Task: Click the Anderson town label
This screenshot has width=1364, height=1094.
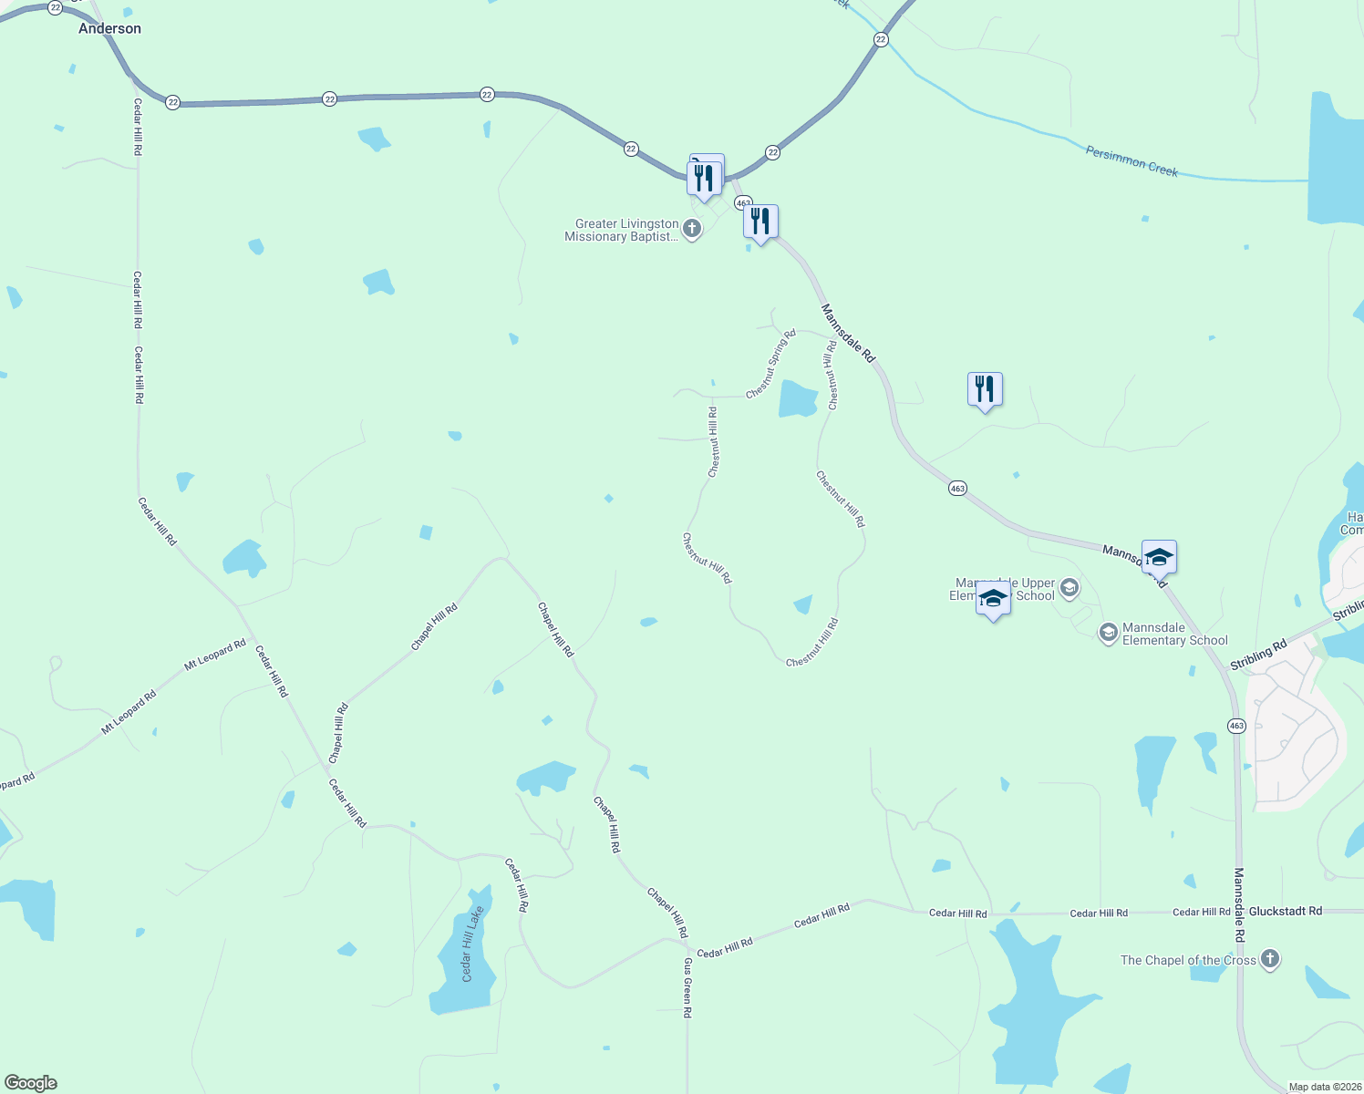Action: click(x=109, y=28)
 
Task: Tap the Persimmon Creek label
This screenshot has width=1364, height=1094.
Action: click(x=1131, y=161)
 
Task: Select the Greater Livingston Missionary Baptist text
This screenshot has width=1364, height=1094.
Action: click(x=622, y=230)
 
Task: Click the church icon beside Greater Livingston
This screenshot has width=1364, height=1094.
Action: click(x=692, y=229)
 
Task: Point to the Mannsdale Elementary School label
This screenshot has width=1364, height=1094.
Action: click(x=1174, y=634)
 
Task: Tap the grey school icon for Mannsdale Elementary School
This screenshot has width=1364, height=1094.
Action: click(x=1108, y=633)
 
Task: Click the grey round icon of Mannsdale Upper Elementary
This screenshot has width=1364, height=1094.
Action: click(x=1069, y=588)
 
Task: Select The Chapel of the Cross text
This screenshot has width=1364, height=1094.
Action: click(x=1188, y=960)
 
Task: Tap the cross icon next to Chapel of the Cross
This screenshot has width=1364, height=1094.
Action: click(x=1270, y=959)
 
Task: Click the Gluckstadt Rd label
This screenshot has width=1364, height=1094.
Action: click(x=1285, y=911)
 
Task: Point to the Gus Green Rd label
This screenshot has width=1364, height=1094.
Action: click(x=687, y=987)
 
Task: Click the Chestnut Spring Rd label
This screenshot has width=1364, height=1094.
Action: click(x=770, y=364)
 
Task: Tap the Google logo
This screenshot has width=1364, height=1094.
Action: click(x=30, y=1083)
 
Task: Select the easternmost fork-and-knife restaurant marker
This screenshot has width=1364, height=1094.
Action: click(x=985, y=389)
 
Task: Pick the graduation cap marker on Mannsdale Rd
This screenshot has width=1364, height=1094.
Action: click(x=1158, y=556)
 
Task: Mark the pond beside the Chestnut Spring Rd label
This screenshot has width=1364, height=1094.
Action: click(x=798, y=399)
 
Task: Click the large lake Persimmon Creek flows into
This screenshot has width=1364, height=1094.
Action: click(x=1336, y=160)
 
